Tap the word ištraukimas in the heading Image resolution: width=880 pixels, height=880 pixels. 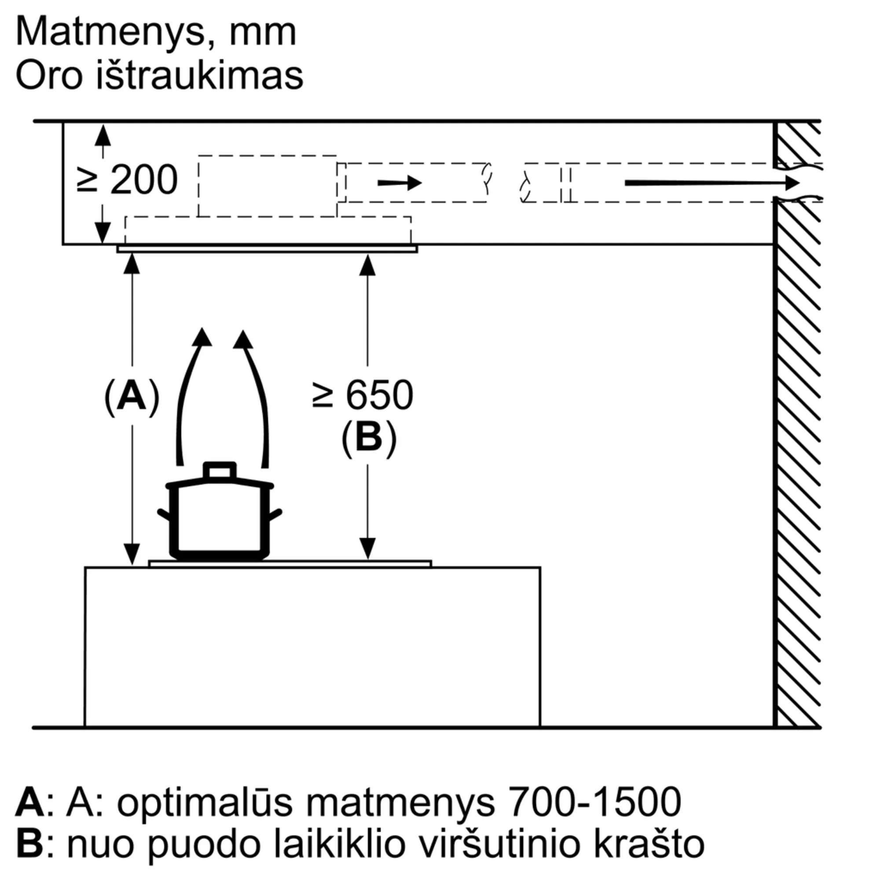click(199, 75)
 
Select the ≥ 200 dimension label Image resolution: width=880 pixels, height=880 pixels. click(128, 180)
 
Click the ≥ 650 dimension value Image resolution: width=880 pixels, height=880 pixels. click(363, 396)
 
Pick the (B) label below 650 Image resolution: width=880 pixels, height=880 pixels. click(369, 438)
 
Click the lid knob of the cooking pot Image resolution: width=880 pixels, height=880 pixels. click(220, 471)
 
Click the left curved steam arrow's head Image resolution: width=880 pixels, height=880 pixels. click(202, 337)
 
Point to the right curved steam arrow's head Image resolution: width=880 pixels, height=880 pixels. click(243, 339)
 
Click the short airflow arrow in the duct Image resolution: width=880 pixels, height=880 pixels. click(400, 183)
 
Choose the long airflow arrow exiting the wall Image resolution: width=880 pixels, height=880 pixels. click(712, 183)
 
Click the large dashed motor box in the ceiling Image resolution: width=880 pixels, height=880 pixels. click(268, 186)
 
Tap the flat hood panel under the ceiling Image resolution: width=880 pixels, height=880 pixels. click(267, 249)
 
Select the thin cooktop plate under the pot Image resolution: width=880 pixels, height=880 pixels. click(290, 564)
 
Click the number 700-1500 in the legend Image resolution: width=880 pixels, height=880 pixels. click(594, 802)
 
